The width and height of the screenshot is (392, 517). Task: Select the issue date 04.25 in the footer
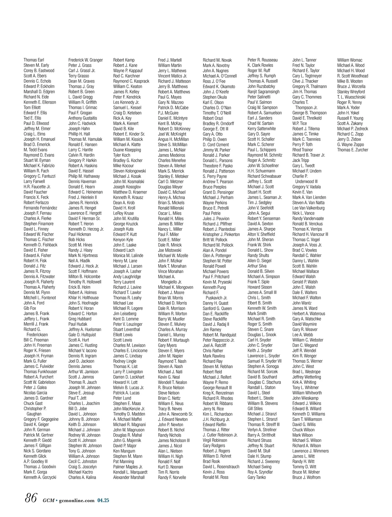pyautogui.click(x=103, y=500)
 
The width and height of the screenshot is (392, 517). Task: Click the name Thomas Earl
pyautogui.click(x=34, y=60)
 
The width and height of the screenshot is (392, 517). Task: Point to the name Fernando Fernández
pyautogui.click(x=40, y=208)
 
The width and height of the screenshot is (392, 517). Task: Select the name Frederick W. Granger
pyautogui.click(x=86, y=60)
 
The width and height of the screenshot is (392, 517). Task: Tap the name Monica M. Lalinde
pyautogui.click(x=128, y=256)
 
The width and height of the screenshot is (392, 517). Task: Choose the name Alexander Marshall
pyautogui.click(x=129, y=477)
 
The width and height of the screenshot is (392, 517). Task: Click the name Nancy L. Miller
pyautogui.click(x=170, y=229)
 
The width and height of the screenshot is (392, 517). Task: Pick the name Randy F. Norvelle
pyautogui.click(x=172, y=477)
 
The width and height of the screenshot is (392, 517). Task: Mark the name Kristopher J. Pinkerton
pyautogui.click(x=221, y=234)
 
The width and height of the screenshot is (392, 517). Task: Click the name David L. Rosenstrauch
pyautogui.click(x=221, y=467)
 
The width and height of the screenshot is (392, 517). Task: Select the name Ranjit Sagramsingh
pyautogui.click(x=264, y=92)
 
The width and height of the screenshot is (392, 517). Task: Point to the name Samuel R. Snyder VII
pyautogui.click(x=264, y=361)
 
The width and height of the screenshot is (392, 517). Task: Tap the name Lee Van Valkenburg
pyautogui.click(x=308, y=208)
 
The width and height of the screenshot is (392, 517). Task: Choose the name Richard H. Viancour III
pyautogui.click(x=310, y=234)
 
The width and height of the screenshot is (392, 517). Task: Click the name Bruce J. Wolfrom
pyautogui.click(x=306, y=477)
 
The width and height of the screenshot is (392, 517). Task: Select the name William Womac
pyautogui.click(x=350, y=60)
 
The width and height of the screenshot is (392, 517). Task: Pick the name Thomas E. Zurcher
pyautogui.click(x=352, y=150)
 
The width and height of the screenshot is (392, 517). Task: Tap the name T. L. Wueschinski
pyautogui.click(x=351, y=97)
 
